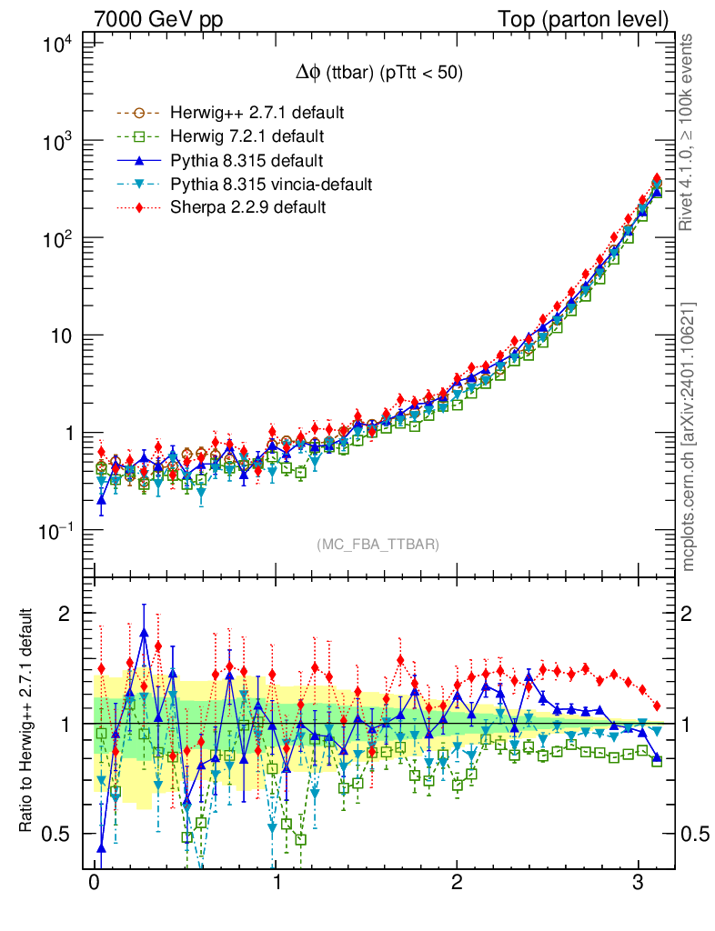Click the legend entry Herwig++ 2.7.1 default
tap(257, 114)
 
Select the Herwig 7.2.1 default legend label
tap(247, 136)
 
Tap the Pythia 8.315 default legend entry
tap(247, 161)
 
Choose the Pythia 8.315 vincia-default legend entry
tap(271, 184)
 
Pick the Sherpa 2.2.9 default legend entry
tap(247, 207)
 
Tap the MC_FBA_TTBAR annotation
tap(378, 545)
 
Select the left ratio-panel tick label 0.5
tap(63, 833)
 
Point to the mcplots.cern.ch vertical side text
tap(689, 436)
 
